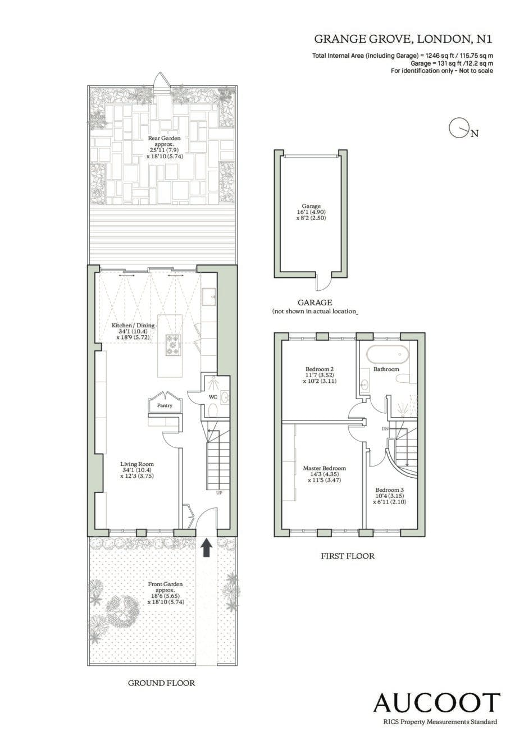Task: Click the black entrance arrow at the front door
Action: pyautogui.click(x=207, y=548)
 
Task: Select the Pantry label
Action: pyautogui.click(x=165, y=405)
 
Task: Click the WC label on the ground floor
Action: pyautogui.click(x=212, y=397)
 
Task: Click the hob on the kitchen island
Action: pyautogui.click(x=173, y=345)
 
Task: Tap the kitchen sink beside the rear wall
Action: pyautogui.click(x=209, y=298)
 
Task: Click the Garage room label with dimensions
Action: pyautogui.click(x=311, y=212)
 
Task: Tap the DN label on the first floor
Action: pyautogui.click(x=385, y=429)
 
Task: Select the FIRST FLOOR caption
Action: pyautogui.click(x=348, y=556)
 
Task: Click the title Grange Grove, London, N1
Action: pyautogui.click(x=403, y=39)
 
